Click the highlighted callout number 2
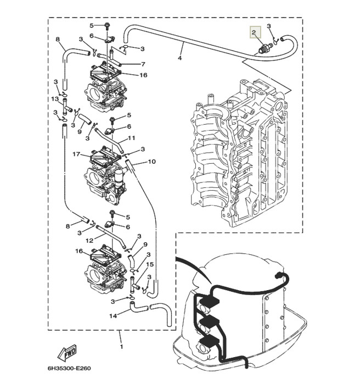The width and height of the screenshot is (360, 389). click(x=254, y=32)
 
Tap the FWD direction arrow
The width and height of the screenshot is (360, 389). click(x=67, y=353)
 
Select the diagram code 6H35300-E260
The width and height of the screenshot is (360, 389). click(x=69, y=369)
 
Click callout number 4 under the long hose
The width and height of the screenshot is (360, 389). click(x=180, y=58)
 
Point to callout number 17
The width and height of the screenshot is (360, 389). click(x=76, y=154)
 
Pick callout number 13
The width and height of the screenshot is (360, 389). click(x=55, y=99)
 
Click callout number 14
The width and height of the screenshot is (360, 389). click(x=113, y=316)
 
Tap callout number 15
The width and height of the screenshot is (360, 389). click(x=150, y=264)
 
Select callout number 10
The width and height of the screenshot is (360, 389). click(x=152, y=162)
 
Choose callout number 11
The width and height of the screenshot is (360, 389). click(x=132, y=138)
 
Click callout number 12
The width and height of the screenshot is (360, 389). click(x=89, y=241)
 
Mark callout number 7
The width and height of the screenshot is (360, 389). click(x=143, y=64)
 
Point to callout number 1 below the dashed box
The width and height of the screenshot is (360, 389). click(x=121, y=346)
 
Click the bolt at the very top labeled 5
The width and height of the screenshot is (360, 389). click(x=107, y=26)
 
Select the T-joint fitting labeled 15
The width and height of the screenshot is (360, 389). click(x=134, y=285)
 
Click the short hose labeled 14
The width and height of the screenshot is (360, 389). click(x=138, y=308)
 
